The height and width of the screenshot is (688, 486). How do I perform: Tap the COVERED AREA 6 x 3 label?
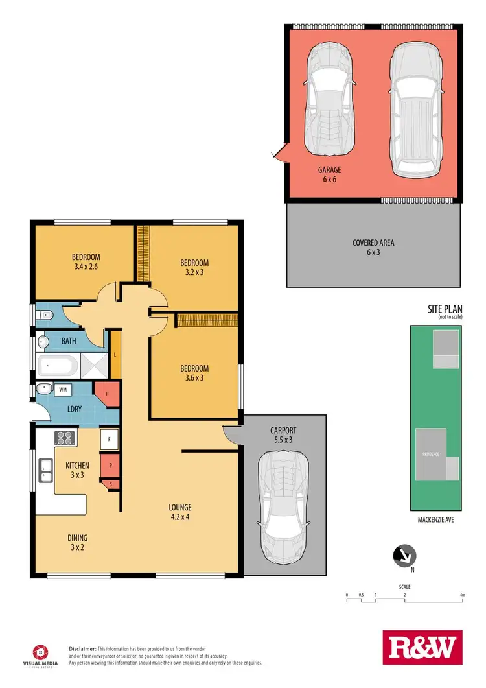(x=373, y=247)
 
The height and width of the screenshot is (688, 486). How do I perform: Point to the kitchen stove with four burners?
(x=67, y=437)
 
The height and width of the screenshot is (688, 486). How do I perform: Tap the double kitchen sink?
(x=45, y=470)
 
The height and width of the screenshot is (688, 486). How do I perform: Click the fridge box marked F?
(x=109, y=440)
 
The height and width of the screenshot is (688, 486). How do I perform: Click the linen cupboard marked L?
(x=115, y=355)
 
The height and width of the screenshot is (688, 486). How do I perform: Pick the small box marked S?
(x=111, y=484)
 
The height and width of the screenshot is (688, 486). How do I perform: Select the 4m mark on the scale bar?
(x=461, y=595)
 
